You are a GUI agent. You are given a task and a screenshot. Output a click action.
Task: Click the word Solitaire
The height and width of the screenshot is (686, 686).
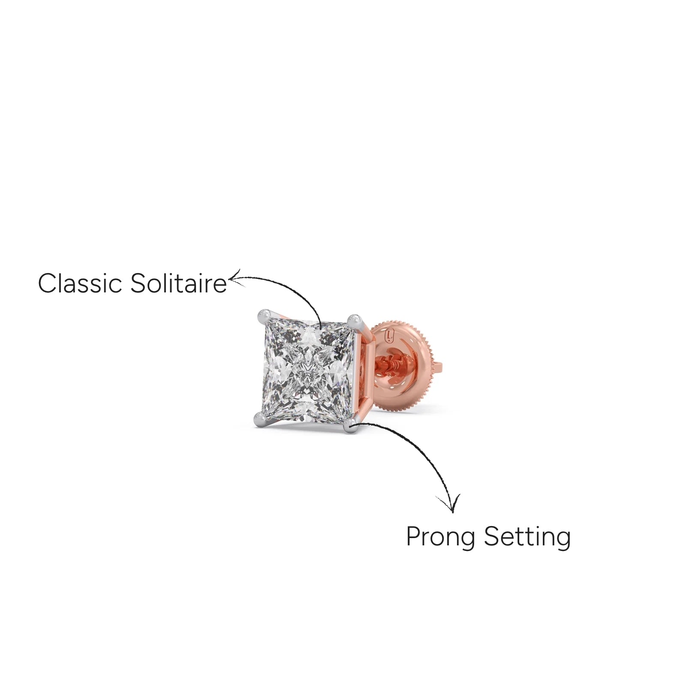point(178,283)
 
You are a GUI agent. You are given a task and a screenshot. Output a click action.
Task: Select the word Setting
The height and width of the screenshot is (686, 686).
point(527,537)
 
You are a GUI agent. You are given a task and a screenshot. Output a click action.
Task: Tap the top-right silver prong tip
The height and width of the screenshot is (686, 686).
point(355,320)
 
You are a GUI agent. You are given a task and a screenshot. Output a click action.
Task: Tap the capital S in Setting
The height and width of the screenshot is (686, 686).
point(492,536)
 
